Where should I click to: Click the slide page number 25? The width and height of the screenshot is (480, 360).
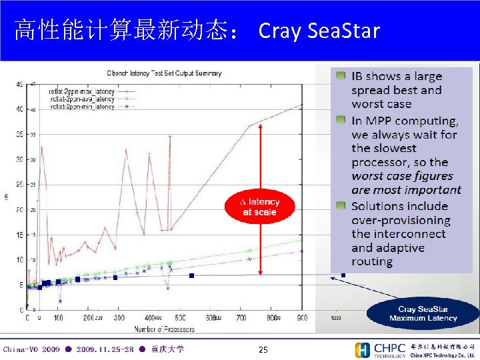click(x=263, y=350)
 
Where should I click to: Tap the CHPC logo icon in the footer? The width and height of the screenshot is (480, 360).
click(x=363, y=350)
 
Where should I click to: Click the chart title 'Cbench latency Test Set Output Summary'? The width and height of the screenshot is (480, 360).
click(x=164, y=73)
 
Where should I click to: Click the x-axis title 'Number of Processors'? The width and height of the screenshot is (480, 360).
click(x=164, y=329)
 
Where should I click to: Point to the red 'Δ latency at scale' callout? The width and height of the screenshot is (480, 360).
click(x=259, y=207)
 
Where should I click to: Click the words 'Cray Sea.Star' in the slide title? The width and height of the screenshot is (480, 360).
click(x=319, y=31)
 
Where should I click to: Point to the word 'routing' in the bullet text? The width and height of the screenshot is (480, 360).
click(x=372, y=261)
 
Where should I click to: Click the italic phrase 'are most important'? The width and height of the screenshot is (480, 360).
click(x=406, y=190)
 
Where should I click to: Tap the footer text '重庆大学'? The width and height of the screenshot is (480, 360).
click(x=167, y=349)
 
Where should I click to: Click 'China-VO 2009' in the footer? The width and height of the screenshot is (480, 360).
click(x=31, y=349)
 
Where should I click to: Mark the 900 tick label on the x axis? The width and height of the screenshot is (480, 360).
click(x=301, y=319)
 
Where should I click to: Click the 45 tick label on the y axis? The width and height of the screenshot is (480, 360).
click(x=20, y=84)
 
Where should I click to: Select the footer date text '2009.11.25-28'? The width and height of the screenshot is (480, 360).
click(x=105, y=349)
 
